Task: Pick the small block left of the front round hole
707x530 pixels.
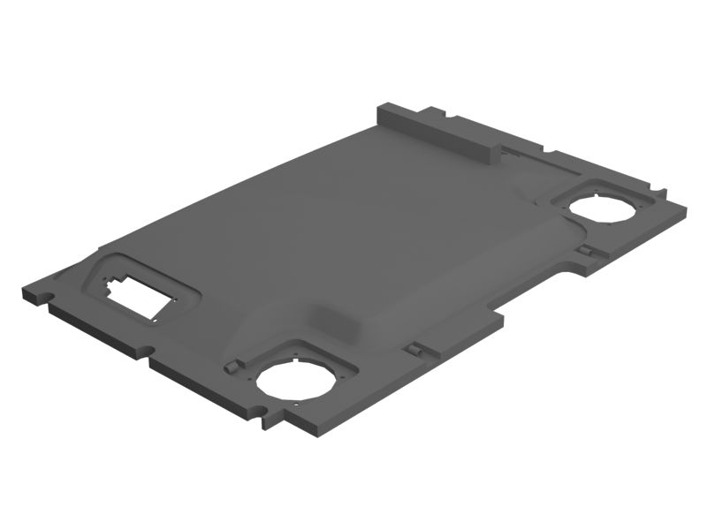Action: pos(232,366)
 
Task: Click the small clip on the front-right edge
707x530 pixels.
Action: pos(411,350)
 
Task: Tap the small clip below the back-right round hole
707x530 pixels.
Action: pos(586,252)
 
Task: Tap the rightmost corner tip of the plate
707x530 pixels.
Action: pos(685,208)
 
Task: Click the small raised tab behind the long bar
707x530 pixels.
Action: pos(434,112)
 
